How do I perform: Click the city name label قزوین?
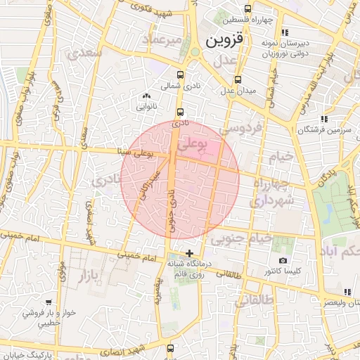[x=224, y=41]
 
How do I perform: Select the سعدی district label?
[x=82, y=53]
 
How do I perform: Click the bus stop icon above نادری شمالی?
[x=180, y=74]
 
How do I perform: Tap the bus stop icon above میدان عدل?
[x=238, y=79]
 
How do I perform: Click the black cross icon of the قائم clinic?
[x=188, y=252]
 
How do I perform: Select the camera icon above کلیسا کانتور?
[x=283, y=260]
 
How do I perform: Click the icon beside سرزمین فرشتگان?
[x=323, y=119]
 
